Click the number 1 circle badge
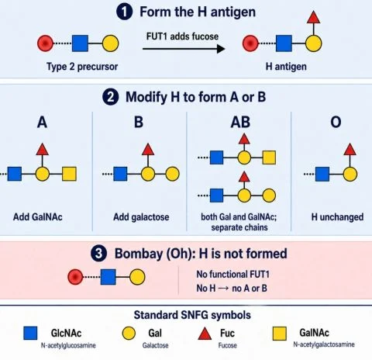coord(124,12)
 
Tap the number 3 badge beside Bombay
coord(98,254)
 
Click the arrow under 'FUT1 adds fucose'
coord(184,49)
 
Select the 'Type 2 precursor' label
coord(82,67)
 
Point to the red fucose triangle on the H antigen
coord(314,17)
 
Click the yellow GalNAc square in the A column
coord(69,174)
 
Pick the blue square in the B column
coord(120,174)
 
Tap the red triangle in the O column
coord(350,149)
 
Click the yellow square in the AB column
coord(269,157)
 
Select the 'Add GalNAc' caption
coord(38,217)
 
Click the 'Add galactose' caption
coord(141,217)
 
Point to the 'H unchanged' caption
coord(337,217)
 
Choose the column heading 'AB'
coord(240,122)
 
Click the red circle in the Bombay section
coord(75,277)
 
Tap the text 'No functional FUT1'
coord(232,274)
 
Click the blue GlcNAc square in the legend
coord(30,333)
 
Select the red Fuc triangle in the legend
coord(205,334)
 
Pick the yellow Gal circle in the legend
coord(129,333)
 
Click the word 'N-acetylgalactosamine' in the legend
coord(324,344)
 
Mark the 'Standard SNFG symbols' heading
coord(192,315)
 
